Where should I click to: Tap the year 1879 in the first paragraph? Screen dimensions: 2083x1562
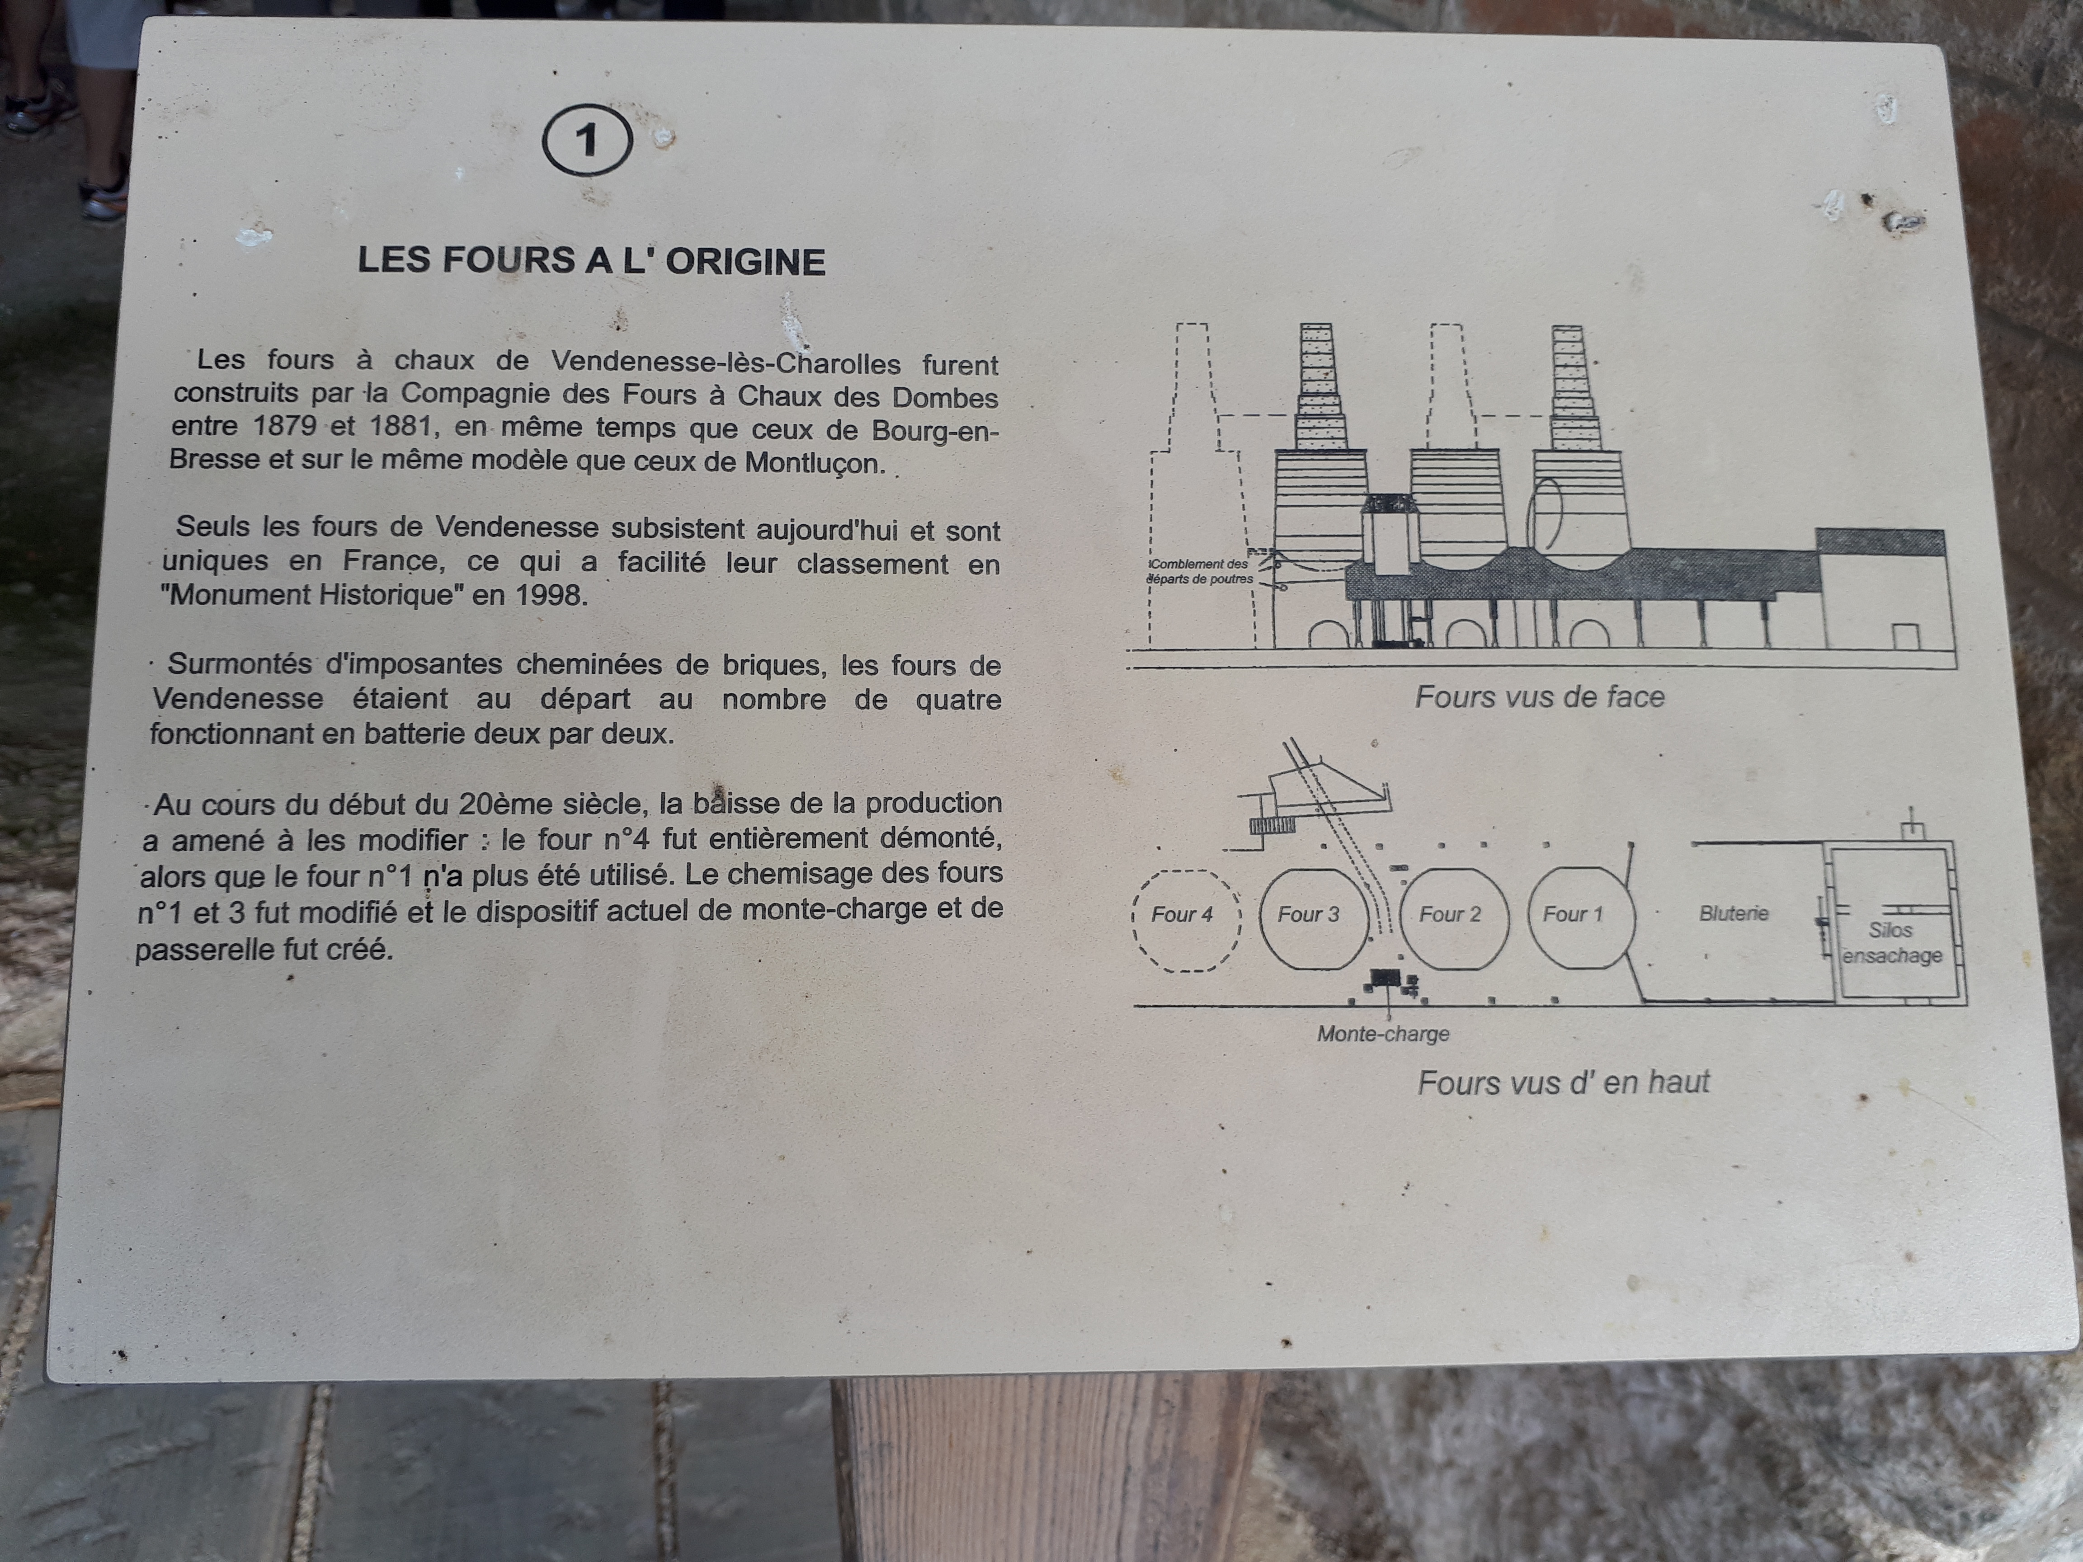point(284,426)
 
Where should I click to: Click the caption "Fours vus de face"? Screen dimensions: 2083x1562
point(1540,697)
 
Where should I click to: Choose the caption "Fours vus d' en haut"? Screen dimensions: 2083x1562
point(1563,1083)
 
